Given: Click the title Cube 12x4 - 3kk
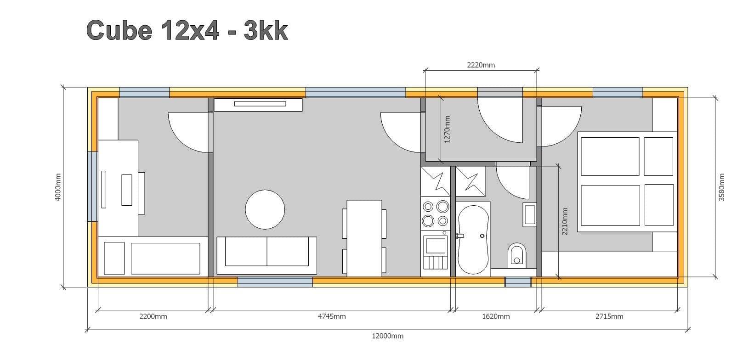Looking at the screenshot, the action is pos(187,30).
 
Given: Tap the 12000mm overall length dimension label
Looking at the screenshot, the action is pos(388,336).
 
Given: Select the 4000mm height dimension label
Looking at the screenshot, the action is pos(58,187).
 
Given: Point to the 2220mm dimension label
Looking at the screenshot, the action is pos(481,65).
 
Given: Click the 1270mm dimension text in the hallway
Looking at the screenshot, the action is pos(447,129).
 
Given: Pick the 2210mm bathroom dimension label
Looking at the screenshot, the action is pos(565,221).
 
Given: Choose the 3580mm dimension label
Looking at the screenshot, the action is pos(721,187).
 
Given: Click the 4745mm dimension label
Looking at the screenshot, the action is pos(332,316).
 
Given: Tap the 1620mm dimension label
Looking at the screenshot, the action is pos(496,316).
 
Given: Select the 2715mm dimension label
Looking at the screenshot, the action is pos(609,316).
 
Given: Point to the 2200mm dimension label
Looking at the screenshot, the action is pos(153,316).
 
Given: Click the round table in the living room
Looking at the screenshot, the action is pos(265,209).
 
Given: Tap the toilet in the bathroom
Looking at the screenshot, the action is pos(517,255).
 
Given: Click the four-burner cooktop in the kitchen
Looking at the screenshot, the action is pos(435,214).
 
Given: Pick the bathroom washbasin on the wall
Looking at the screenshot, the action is pos(529,214).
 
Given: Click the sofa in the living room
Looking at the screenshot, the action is pos(267,255).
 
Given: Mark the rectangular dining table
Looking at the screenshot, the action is pos(364,238).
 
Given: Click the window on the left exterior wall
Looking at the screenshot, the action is pos(92,186).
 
